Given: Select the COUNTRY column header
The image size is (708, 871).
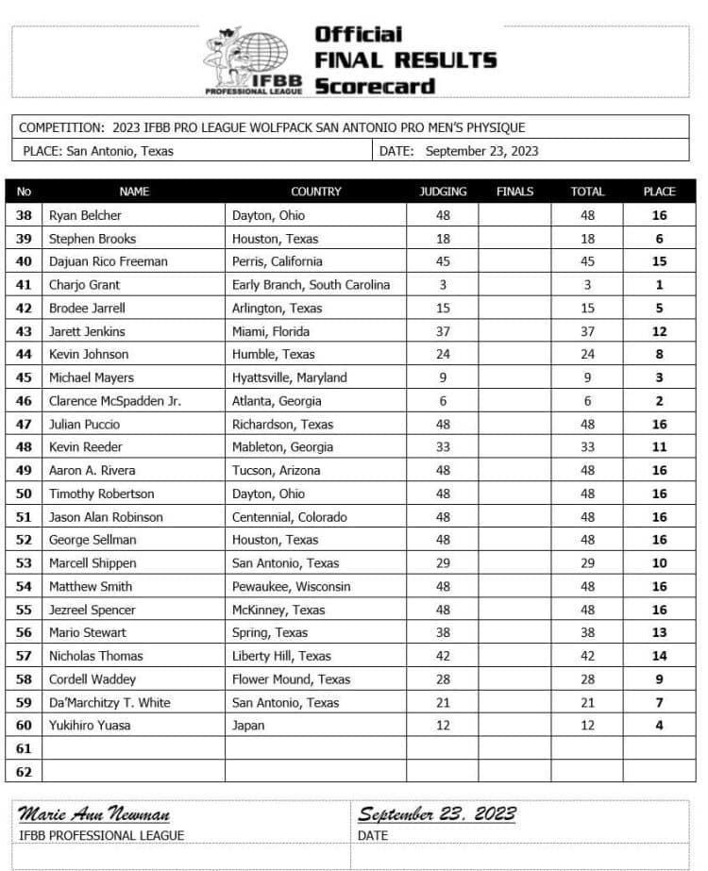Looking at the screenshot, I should pyautogui.click(x=315, y=192).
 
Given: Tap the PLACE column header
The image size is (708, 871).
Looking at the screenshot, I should pyautogui.click(x=659, y=192).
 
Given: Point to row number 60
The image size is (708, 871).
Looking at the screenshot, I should pyautogui.click(x=25, y=726).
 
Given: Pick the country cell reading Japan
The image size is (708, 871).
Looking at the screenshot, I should pyautogui.click(x=248, y=726).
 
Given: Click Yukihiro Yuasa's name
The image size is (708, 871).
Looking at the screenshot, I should pyautogui.click(x=90, y=726).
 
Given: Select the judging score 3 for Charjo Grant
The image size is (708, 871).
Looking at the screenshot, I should pyautogui.click(x=443, y=285).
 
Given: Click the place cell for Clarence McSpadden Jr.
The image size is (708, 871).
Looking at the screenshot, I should pyautogui.click(x=659, y=401).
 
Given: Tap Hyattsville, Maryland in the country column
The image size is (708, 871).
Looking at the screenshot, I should pyautogui.click(x=290, y=377).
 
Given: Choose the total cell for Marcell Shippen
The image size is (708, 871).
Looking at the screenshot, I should pyautogui.click(x=587, y=563).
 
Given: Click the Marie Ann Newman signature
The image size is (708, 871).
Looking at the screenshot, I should pyautogui.click(x=94, y=814).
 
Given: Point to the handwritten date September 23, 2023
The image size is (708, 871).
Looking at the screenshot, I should pyautogui.click(x=436, y=814).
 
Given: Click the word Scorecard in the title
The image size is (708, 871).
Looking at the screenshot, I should pyautogui.click(x=375, y=86).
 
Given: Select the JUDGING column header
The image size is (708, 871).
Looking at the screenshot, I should pyautogui.click(x=443, y=192).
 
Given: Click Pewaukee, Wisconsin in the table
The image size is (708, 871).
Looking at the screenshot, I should pyautogui.click(x=291, y=586).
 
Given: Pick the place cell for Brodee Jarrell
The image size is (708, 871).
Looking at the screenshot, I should pyautogui.click(x=659, y=309).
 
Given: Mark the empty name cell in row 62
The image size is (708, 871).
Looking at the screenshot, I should pyautogui.click(x=133, y=771).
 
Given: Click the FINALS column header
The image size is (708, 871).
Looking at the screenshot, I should pyautogui.click(x=514, y=192).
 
